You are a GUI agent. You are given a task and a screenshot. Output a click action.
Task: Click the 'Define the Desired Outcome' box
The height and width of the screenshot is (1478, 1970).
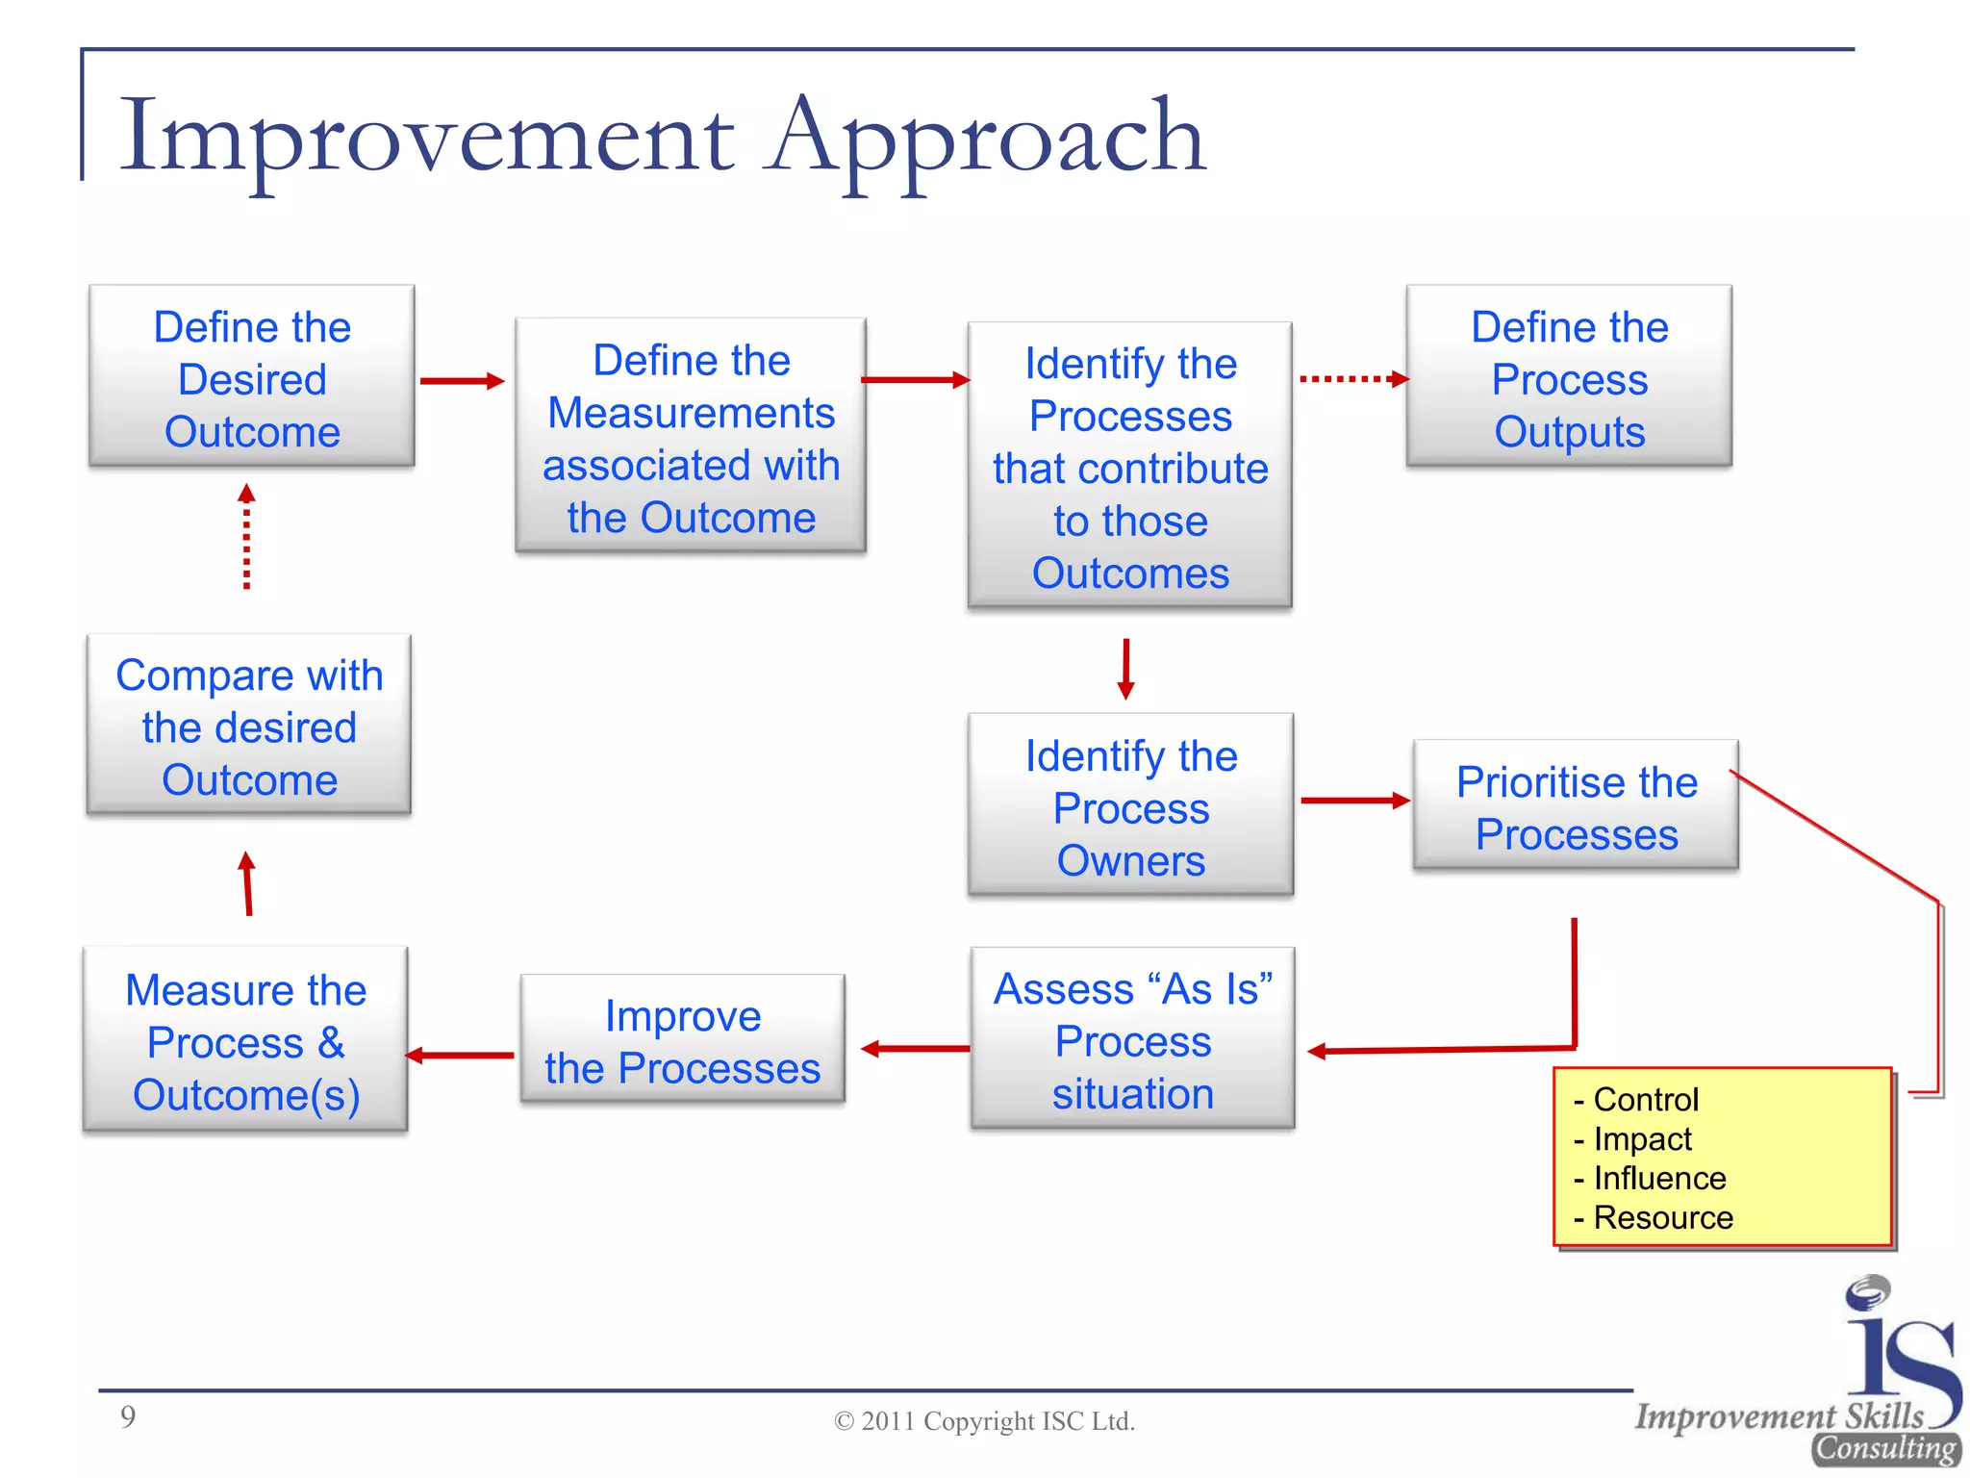click(x=251, y=377)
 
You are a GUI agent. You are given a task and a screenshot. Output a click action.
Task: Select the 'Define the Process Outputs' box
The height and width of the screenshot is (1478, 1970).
click(x=1568, y=377)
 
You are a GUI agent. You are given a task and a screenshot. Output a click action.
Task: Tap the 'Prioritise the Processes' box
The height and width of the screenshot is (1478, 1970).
click(x=1576, y=806)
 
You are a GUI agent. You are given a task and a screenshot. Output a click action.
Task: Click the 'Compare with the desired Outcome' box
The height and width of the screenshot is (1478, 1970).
click(x=249, y=726)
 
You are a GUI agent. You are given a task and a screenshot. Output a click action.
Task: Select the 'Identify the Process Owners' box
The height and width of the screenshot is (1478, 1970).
click(x=1130, y=806)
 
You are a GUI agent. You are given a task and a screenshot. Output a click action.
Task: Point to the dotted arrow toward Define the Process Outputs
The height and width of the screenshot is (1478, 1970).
click(x=1351, y=379)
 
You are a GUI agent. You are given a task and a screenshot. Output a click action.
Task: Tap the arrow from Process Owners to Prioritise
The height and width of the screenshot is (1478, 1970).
click(x=1353, y=800)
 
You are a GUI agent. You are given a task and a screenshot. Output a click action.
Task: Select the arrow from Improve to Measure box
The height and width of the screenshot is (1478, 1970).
click(x=460, y=1056)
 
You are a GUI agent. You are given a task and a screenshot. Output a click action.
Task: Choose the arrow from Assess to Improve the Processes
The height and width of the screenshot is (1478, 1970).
click(x=915, y=1048)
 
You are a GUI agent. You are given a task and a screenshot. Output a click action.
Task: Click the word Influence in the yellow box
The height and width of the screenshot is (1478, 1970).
click(x=1658, y=1178)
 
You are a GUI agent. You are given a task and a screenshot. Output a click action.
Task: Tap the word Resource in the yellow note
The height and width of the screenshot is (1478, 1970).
click(x=1662, y=1217)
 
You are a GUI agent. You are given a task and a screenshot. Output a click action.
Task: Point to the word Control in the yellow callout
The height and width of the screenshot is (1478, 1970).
click(x=1645, y=1099)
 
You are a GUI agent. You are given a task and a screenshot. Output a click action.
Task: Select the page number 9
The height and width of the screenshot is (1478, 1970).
click(x=128, y=1416)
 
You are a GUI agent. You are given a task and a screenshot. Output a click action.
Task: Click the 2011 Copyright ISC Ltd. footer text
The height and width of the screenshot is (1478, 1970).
click(x=984, y=1421)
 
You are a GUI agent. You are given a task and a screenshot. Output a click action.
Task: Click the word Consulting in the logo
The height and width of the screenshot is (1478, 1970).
click(x=1885, y=1448)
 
